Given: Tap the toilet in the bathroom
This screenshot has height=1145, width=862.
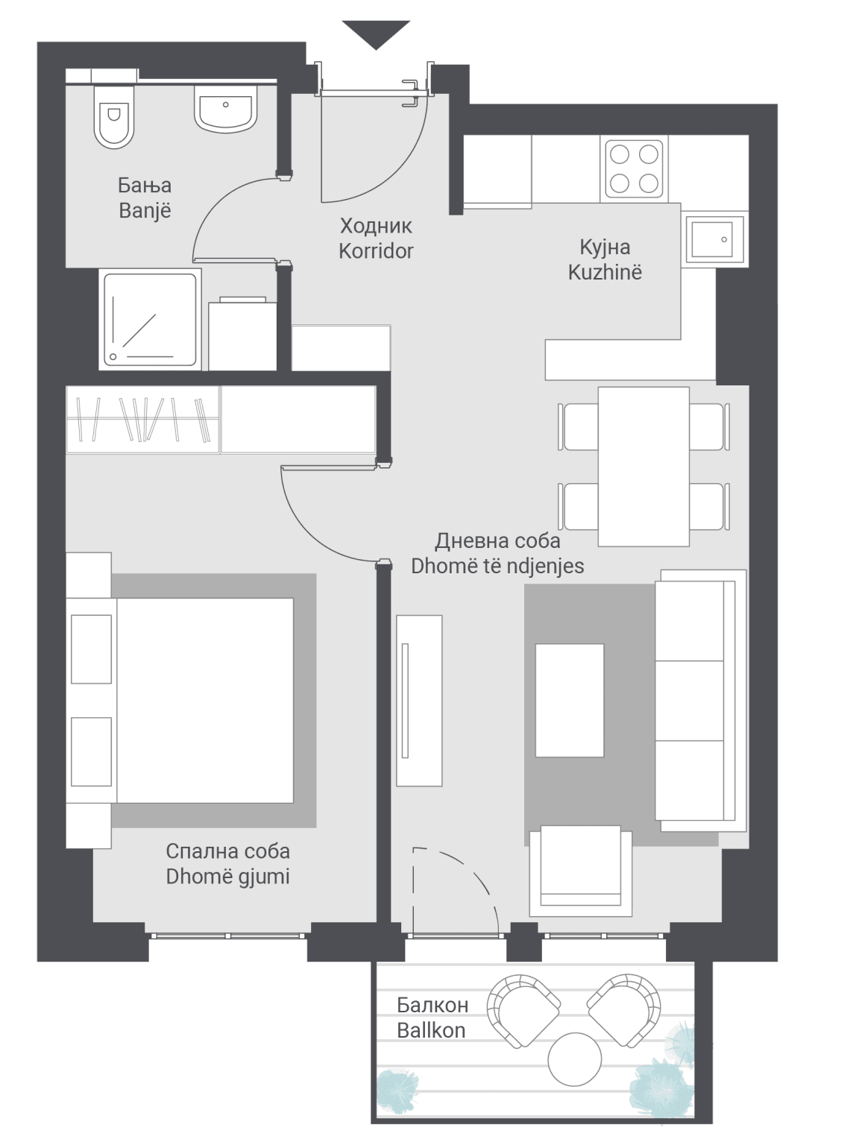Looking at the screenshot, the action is tap(113, 116).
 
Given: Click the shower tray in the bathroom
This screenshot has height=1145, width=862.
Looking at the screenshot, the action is tap(150, 320).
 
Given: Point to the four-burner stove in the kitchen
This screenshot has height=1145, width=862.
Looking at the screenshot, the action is tap(634, 169).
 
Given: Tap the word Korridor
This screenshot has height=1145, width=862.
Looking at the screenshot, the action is tap(376, 251).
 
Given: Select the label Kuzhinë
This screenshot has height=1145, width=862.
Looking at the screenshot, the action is tap(605, 272).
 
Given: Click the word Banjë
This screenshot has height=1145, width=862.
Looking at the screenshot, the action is tap(145, 211).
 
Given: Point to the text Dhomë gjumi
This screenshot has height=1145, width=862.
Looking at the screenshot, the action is tap(227, 877).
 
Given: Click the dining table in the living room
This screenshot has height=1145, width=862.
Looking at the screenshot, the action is tap(644, 467).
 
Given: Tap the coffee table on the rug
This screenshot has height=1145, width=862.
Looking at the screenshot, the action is tap(569, 700).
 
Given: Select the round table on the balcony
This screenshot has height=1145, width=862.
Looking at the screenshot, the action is tap(574, 1059).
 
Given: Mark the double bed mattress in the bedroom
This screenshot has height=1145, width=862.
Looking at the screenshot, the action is tap(204, 700).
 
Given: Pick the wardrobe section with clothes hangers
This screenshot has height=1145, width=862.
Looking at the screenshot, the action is tap(142, 420).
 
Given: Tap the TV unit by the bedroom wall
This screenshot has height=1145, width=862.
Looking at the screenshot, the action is tap(419, 701).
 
